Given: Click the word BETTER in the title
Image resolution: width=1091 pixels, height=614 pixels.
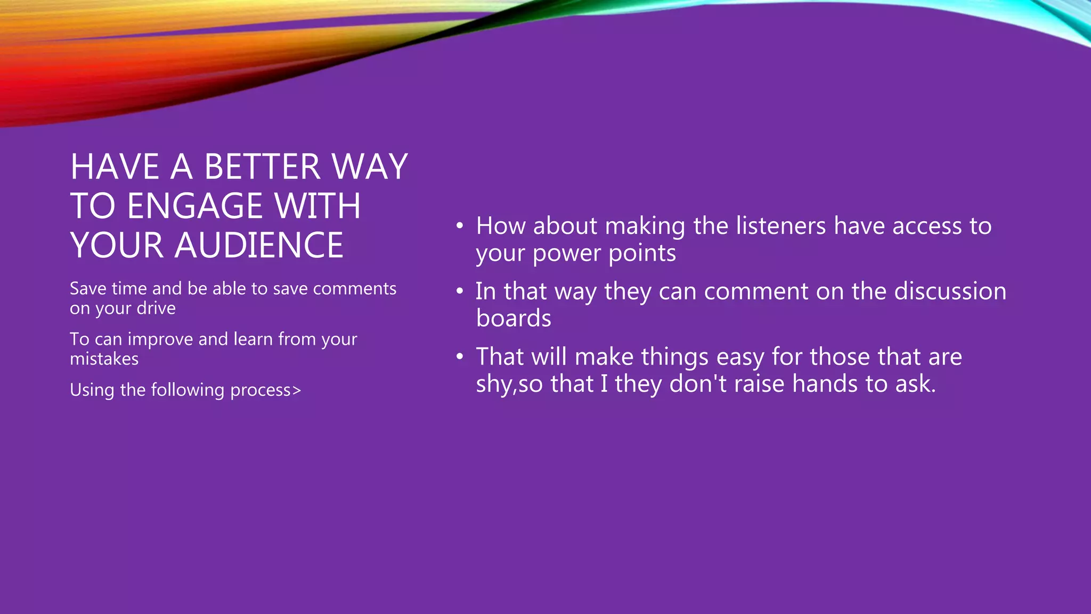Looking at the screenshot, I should click(x=263, y=167).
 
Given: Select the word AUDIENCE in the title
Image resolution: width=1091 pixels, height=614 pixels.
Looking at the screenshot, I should click(x=259, y=246).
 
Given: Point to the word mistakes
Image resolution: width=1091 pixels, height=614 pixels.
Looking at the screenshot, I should click(x=104, y=359).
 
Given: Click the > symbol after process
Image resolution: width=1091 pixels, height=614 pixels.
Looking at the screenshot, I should click(x=297, y=390).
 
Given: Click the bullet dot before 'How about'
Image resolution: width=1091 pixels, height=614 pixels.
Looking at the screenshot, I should click(x=460, y=226).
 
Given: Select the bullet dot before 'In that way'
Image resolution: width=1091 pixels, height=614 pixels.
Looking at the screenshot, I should click(x=460, y=292).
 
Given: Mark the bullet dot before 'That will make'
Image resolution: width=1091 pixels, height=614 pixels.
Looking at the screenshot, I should click(x=460, y=357).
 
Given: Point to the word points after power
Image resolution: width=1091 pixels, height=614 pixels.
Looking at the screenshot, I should click(x=642, y=253).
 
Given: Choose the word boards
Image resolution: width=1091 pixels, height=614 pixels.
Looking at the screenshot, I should click(x=514, y=319).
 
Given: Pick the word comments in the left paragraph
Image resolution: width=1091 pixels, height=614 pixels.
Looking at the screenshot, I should click(x=354, y=288).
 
